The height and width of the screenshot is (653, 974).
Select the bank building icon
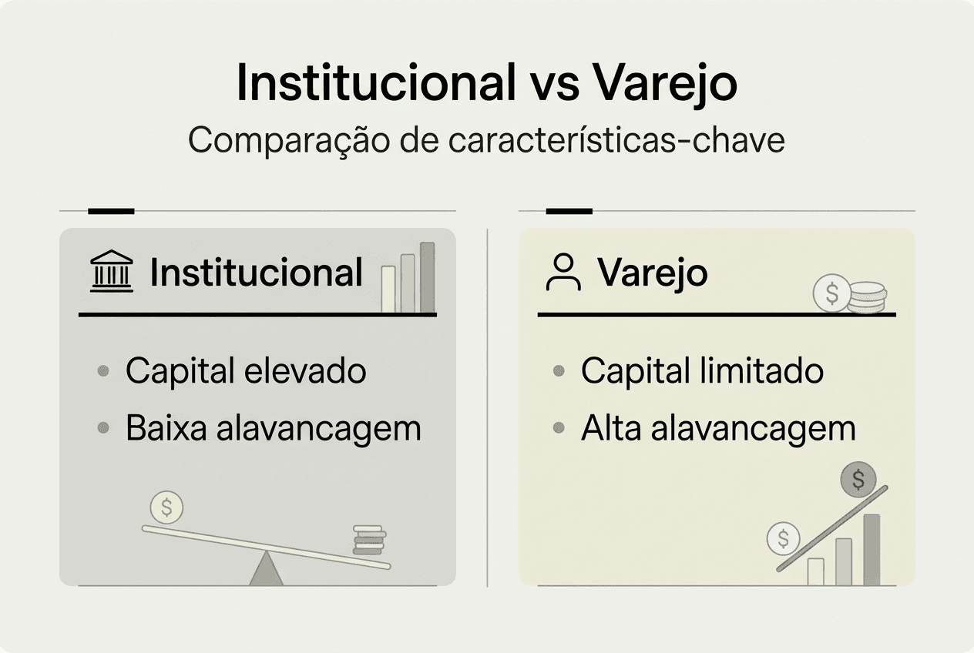point(111,272)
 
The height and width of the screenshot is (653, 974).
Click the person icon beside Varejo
point(563,273)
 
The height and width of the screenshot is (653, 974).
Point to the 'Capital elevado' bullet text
point(246,371)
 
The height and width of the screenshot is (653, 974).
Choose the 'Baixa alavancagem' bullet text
point(274,428)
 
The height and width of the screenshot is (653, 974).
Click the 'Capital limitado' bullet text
point(702,371)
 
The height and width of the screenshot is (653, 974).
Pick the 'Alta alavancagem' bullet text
point(718,428)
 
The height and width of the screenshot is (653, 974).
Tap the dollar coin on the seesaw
point(167,507)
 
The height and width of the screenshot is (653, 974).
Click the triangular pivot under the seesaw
point(267,570)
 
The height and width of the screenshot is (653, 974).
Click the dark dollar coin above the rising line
point(858,481)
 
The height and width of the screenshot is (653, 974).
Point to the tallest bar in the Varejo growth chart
point(872,549)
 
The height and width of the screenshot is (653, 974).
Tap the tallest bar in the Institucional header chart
point(427,277)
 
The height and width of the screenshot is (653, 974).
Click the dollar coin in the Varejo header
point(832,293)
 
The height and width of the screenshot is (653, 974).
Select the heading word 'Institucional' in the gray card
point(256,273)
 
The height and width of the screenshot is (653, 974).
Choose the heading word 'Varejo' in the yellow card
point(652,273)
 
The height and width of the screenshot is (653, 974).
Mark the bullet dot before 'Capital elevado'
point(103,372)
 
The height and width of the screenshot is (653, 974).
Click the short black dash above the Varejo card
point(569,210)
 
